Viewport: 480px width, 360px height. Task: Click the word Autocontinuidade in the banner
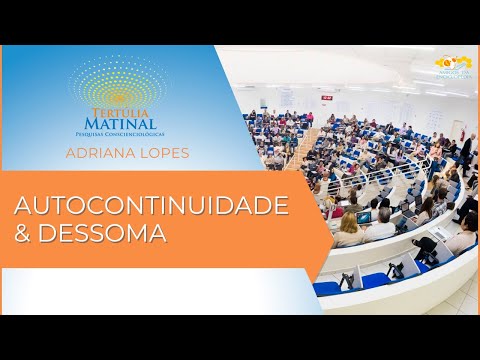pos(151,206)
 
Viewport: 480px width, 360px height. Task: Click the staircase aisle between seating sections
pos(301,150)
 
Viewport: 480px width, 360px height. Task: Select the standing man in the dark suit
pos(465,154)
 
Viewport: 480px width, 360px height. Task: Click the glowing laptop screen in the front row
pos(364,217)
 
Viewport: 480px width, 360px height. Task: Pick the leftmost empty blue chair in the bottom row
pos(327,288)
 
